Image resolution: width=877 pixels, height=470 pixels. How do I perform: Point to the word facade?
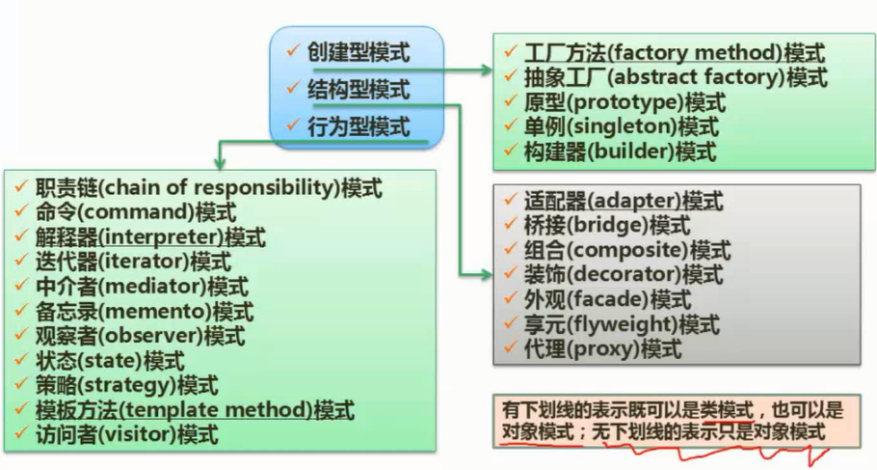611,300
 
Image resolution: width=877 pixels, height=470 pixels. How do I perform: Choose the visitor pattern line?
126,435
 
